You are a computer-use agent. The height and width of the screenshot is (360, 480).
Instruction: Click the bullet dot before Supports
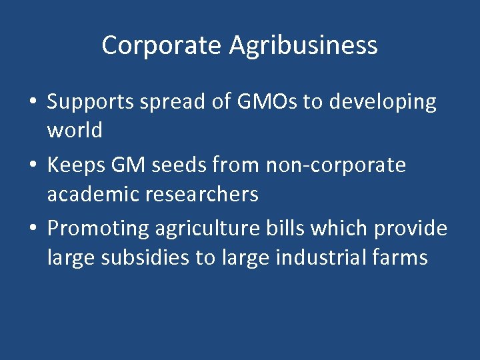tap(33, 103)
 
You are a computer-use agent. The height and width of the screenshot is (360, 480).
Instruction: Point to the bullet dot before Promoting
tap(33, 229)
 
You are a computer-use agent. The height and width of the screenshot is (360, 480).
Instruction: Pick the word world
tap(75, 130)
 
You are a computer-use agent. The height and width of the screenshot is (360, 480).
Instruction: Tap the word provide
tap(410, 229)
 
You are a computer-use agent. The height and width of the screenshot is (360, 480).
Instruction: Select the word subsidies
tap(141, 257)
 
